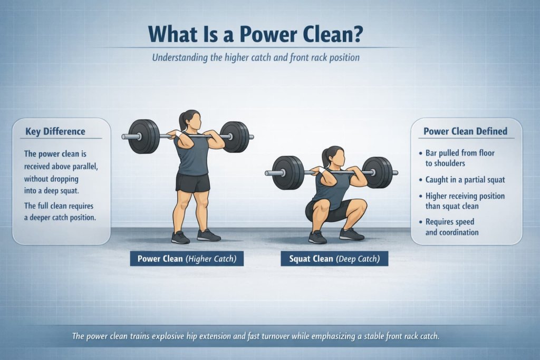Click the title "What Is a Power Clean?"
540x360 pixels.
(x=256, y=34)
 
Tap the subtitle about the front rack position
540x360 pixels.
(x=256, y=57)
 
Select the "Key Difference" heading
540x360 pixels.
(x=55, y=131)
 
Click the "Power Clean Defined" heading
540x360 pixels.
(x=466, y=131)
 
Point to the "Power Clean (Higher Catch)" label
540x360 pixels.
(x=187, y=258)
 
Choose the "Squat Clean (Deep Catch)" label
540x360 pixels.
(x=334, y=258)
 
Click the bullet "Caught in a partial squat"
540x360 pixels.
(x=465, y=180)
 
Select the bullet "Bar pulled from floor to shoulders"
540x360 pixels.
(x=460, y=158)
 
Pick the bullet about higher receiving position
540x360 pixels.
(x=465, y=201)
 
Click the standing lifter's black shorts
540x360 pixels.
(x=192, y=182)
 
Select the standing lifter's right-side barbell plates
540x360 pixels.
(x=235, y=137)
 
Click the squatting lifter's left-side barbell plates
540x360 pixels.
(x=288, y=172)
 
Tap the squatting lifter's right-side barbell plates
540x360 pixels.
(x=379, y=172)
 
